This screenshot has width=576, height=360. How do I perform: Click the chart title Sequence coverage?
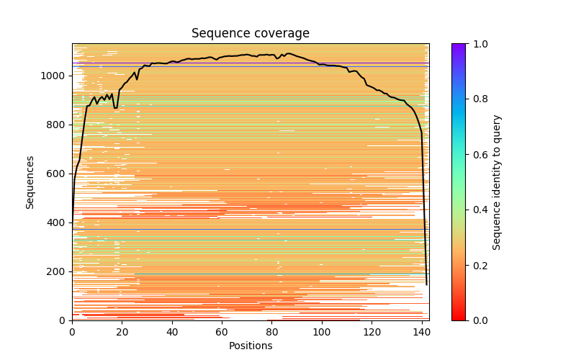(251, 34)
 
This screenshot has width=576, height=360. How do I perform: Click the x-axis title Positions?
(251, 346)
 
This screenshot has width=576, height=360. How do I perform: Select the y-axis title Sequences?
(30, 182)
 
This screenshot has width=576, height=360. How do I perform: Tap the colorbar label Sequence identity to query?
(497, 182)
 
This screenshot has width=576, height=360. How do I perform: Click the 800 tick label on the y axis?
(58, 125)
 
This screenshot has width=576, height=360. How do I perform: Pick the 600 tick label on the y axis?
(58, 174)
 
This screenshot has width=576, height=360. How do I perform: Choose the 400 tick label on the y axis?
(58, 222)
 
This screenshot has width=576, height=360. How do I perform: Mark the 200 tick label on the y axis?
(58, 271)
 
